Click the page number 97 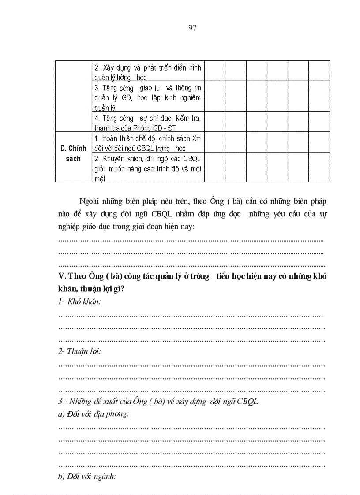coord(192,28)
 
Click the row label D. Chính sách coord(73,153)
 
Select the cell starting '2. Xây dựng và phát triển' coord(147,72)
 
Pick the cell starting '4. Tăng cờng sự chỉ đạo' coord(147,122)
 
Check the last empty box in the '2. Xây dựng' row coord(319,71)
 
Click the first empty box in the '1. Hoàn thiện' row coord(215,142)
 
